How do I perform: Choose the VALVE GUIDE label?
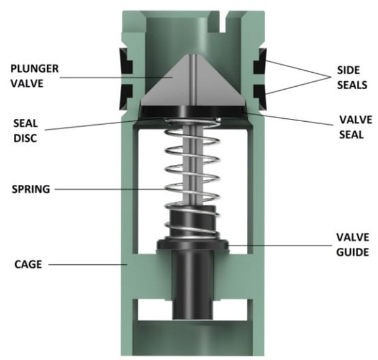click(352, 242)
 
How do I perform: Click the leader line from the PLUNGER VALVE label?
click(121, 76)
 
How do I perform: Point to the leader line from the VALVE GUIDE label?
click(279, 245)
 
